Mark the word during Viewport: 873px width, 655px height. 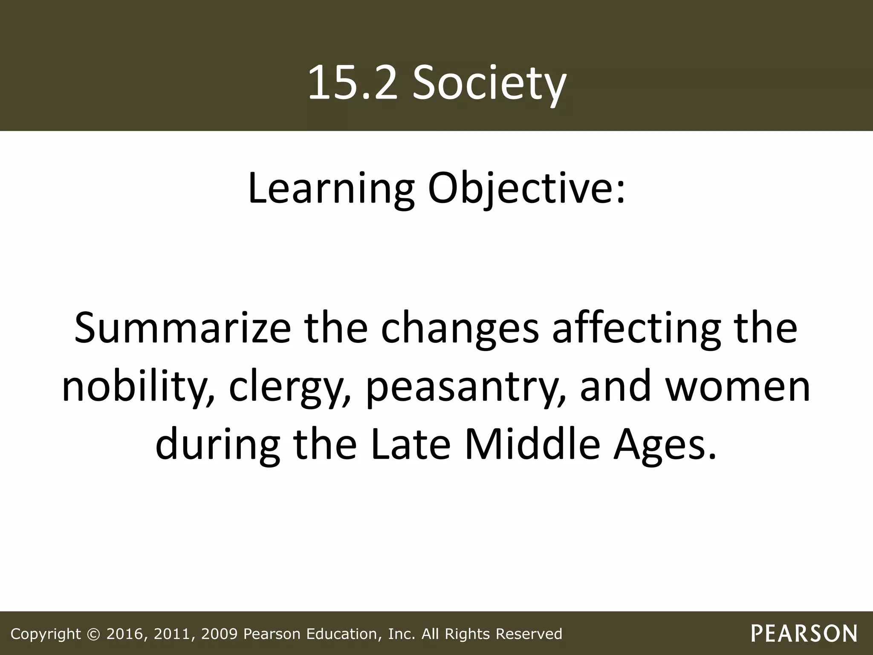coord(218,446)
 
